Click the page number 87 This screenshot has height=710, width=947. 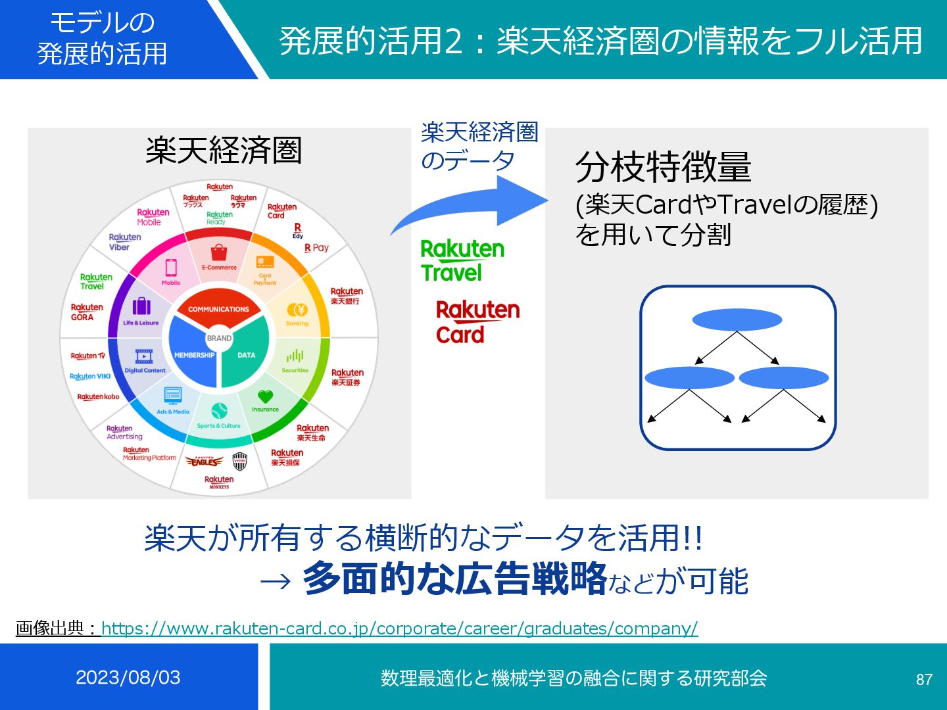[924, 679]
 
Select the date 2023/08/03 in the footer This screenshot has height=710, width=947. [128, 677]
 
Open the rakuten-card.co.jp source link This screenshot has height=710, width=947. [399, 628]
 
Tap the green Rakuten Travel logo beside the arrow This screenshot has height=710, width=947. [462, 260]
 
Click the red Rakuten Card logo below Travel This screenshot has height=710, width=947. [477, 322]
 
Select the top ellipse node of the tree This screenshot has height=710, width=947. [737, 320]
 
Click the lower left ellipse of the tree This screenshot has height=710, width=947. [689, 378]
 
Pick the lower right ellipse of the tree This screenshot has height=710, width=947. [783, 378]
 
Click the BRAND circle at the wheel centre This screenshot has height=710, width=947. [219, 338]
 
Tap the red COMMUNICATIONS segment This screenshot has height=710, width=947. [218, 308]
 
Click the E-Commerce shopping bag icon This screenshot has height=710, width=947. [219, 252]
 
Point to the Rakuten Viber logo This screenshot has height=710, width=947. [124, 242]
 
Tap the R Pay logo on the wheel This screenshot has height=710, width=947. [316, 248]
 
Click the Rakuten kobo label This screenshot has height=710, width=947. [98, 396]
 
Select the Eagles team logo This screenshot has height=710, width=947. [205, 461]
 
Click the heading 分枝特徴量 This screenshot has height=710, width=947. [663, 167]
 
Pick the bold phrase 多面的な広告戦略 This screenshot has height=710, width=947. [454, 579]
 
